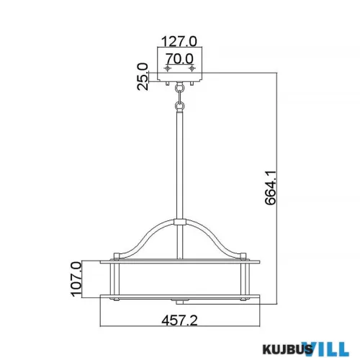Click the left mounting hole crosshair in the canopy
[168, 68]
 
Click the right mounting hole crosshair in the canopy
[192, 68]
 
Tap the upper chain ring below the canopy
[180, 90]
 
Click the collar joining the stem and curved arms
[180, 222]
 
